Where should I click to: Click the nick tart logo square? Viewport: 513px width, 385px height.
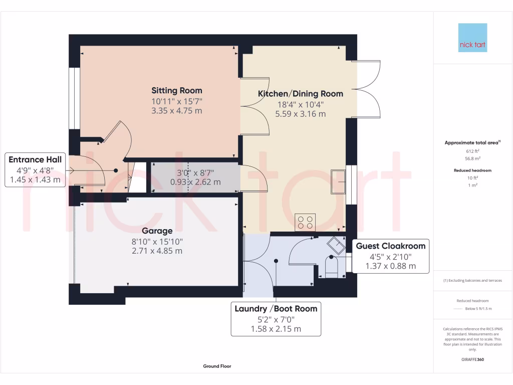pyautogui.click(x=472, y=38)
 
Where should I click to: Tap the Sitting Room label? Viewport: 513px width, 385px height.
pyautogui.click(x=177, y=91)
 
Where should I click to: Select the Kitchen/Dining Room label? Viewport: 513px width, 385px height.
pyautogui.click(x=301, y=94)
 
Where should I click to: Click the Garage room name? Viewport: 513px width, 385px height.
pyautogui.click(x=157, y=231)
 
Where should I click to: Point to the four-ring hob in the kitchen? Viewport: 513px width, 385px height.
pyautogui.click(x=305, y=223)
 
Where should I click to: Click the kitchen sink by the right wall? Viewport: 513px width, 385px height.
pyautogui.click(x=338, y=181)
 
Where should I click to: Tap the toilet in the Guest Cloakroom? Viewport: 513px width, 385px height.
pyautogui.click(x=332, y=266)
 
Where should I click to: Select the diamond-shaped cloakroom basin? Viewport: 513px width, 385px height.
pyautogui.click(x=336, y=246)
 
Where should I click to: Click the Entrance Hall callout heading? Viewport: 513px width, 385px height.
pyautogui.click(x=35, y=160)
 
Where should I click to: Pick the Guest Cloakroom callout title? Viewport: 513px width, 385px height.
pyautogui.click(x=391, y=246)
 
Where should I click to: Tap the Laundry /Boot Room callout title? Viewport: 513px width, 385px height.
pyautogui.click(x=276, y=309)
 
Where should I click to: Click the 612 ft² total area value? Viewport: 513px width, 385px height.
pyautogui.click(x=473, y=151)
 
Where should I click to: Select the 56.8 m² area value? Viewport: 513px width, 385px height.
pyautogui.click(x=473, y=158)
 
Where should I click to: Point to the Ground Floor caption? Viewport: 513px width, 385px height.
pyautogui.click(x=217, y=366)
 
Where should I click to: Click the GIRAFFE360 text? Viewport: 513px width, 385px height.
pyautogui.click(x=472, y=359)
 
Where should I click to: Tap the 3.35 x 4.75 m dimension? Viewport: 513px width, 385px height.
pyautogui.click(x=177, y=111)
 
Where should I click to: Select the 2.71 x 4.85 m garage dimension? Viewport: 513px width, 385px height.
pyautogui.click(x=157, y=251)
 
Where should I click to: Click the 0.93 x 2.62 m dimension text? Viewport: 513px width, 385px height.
pyautogui.click(x=195, y=182)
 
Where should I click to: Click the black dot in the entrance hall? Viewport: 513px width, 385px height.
pyautogui.click(x=116, y=170)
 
